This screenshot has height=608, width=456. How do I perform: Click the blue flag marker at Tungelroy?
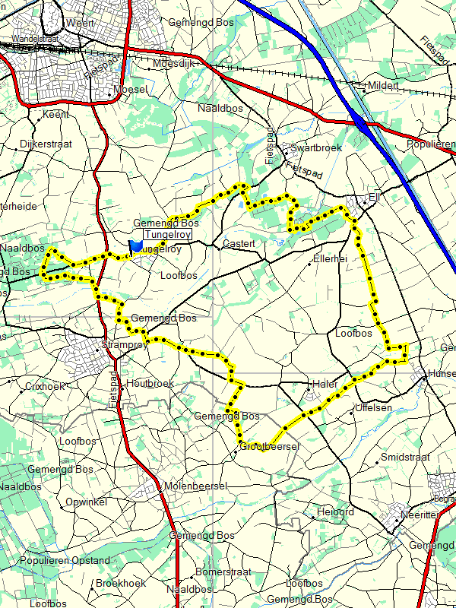pyautogui.click(x=135, y=247)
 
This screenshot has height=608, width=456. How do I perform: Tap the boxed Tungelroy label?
pyautogui.click(x=166, y=236)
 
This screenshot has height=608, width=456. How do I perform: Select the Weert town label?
pyautogui.click(x=80, y=24)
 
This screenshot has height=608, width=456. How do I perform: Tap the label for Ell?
pyautogui.click(x=373, y=198)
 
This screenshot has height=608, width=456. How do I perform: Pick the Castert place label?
pyautogui.click(x=238, y=244)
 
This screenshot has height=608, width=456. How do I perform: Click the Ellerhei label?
pyautogui.click(x=331, y=259)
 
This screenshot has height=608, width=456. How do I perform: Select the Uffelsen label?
pyautogui.click(x=374, y=408)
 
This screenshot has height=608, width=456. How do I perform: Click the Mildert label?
pyautogui.click(x=383, y=86)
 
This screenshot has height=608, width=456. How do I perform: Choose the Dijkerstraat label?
pyautogui.click(x=46, y=142)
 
